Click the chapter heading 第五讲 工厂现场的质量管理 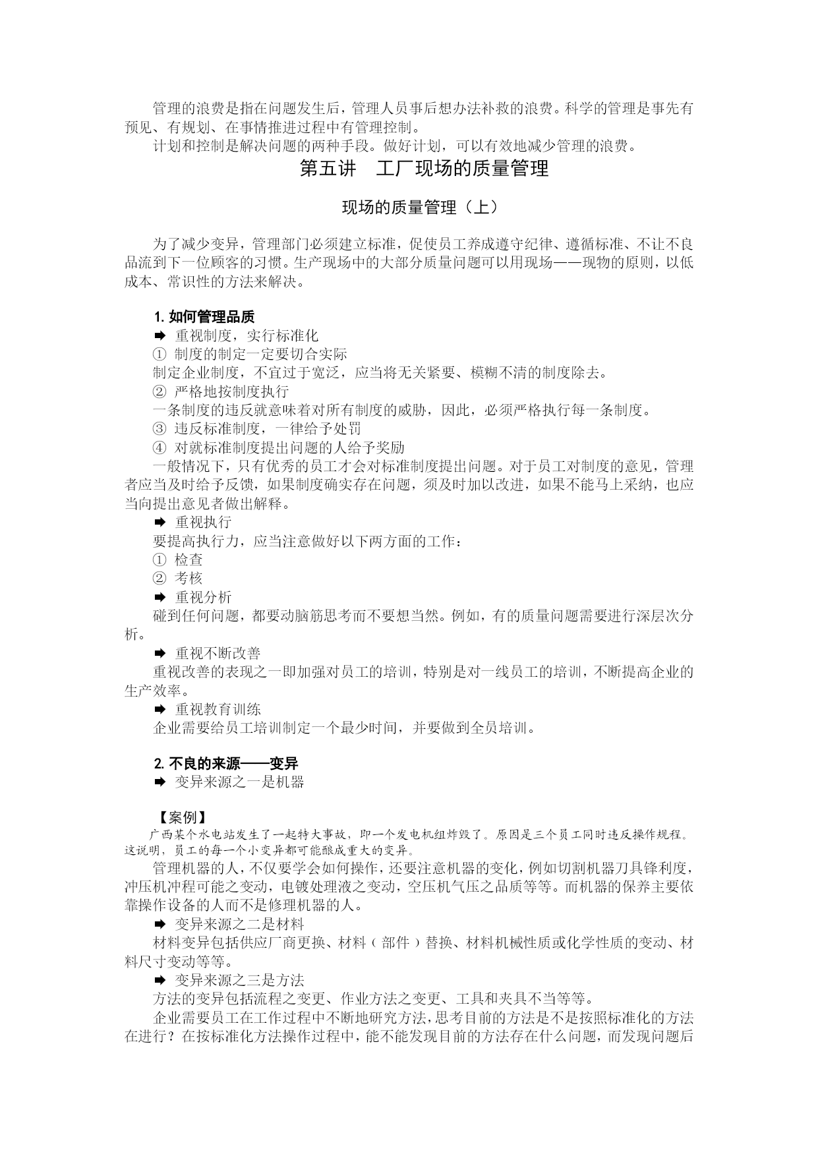(x=424, y=169)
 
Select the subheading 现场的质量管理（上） (x=419, y=208)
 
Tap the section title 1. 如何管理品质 (x=204, y=316)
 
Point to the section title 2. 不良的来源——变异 (x=225, y=763)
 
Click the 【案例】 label (x=179, y=818)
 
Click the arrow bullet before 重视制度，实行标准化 (x=159, y=335)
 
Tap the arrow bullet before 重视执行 (x=159, y=522)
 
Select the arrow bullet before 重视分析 (x=159, y=597)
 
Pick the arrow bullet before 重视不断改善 (x=159, y=653)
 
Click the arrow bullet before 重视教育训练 (x=159, y=709)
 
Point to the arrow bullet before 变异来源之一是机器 (x=159, y=782)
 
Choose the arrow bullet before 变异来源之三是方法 (x=159, y=980)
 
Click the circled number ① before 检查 (x=159, y=560)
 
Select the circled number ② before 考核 (x=159, y=578)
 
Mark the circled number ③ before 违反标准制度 (x=159, y=429)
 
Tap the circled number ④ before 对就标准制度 (x=159, y=448)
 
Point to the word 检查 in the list (x=189, y=560)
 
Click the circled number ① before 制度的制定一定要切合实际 (x=159, y=354)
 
